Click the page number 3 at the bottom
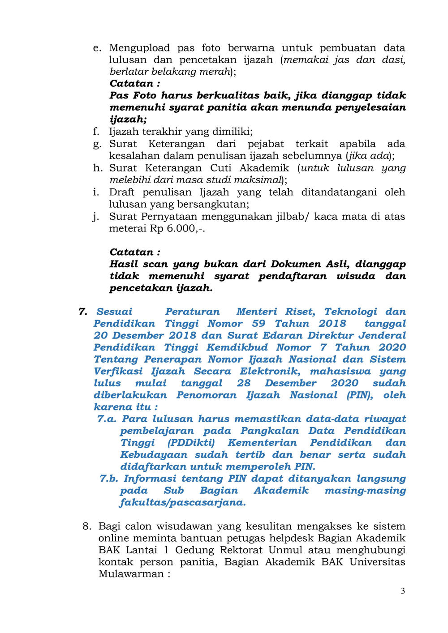403,591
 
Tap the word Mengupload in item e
139,48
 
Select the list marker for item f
96,132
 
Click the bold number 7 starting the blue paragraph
82,312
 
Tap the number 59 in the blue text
258,324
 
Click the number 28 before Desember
244,383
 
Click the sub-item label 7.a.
107,419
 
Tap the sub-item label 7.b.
108,479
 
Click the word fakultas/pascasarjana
183,502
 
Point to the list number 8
87,526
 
